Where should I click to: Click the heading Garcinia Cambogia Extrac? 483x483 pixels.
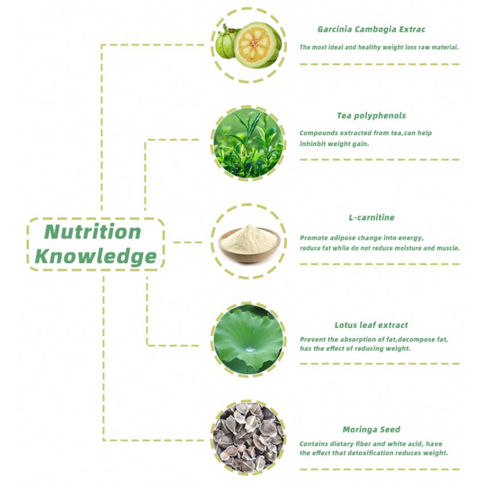coord(371,29)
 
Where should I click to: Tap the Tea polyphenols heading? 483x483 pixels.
coord(371,116)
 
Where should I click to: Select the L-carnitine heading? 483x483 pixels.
coord(371,217)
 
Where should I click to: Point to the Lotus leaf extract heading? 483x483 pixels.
coord(371,325)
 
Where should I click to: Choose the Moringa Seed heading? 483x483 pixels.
coord(371,429)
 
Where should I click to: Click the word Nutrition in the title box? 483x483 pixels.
coord(93,232)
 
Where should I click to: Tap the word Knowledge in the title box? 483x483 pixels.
coord(96,257)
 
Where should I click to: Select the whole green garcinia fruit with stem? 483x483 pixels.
coord(226,42)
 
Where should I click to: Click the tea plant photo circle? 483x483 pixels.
coord(248,143)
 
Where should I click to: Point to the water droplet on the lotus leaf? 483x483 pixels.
coord(250,349)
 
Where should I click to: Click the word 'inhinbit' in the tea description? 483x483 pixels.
coord(312,144)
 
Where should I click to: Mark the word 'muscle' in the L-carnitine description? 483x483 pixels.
coord(449,248)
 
